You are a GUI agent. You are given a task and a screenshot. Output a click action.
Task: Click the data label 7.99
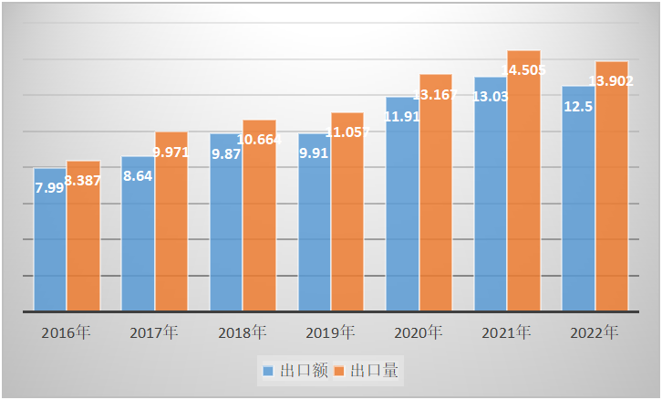tap(49, 187)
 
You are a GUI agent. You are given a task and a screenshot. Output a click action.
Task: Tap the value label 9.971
tap(171, 152)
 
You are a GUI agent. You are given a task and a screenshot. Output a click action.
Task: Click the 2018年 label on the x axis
tap(243, 332)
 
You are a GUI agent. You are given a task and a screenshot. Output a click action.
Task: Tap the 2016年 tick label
tap(66, 332)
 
